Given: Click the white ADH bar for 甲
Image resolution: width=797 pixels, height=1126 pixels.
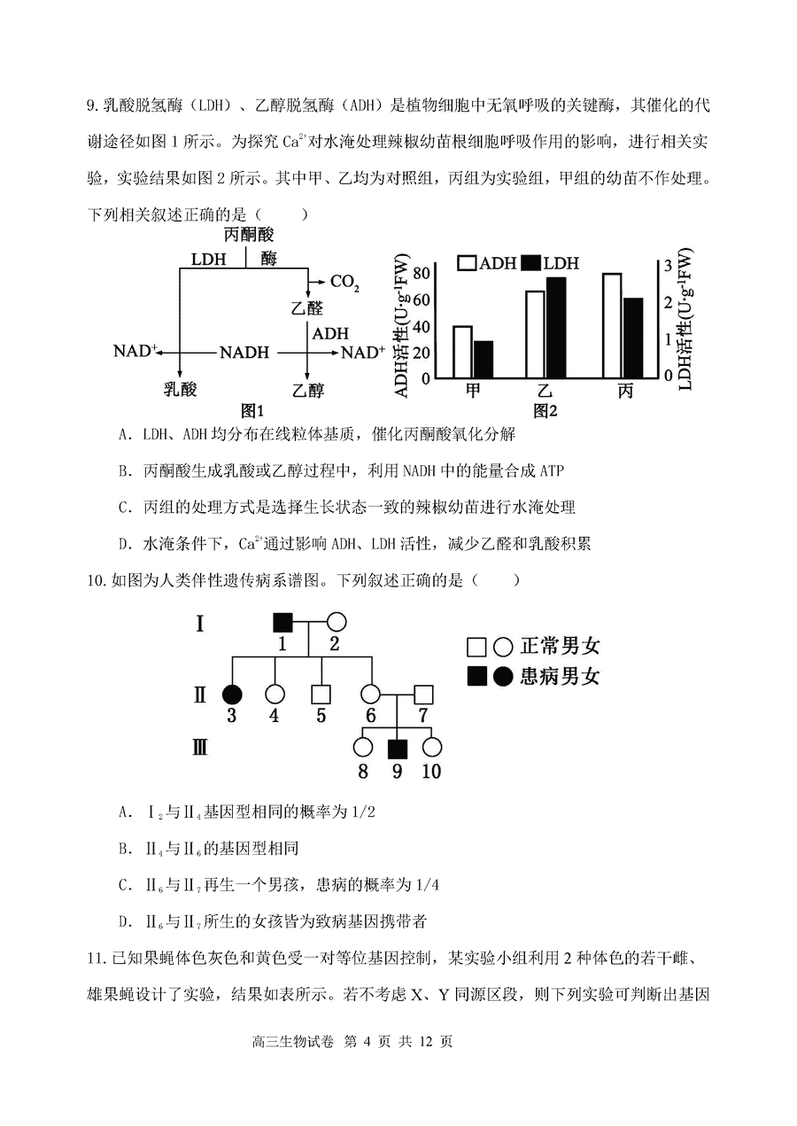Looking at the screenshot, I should [x=462, y=352].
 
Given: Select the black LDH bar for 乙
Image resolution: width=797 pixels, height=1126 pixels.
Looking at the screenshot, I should [x=556, y=327].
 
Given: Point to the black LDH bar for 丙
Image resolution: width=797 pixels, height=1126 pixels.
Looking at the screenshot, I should [x=632, y=338].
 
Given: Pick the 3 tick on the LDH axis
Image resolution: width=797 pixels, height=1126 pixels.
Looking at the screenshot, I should [x=667, y=265].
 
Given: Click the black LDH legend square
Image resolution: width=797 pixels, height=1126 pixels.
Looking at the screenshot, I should [x=530, y=263].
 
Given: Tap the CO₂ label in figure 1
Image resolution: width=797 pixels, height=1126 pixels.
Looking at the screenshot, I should [x=344, y=282].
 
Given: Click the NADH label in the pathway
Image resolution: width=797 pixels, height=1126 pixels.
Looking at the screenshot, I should [x=244, y=353].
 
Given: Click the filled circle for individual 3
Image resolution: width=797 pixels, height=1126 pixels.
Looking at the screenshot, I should [x=232, y=694].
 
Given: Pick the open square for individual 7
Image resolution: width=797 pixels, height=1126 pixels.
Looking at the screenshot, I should [x=423, y=694].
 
